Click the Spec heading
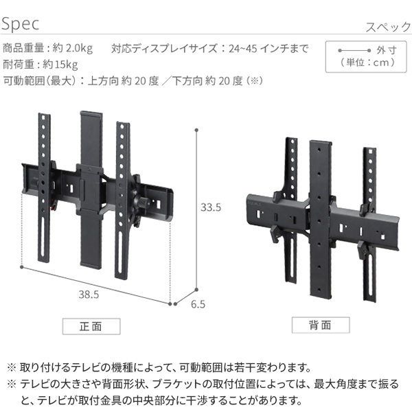coord(20,24)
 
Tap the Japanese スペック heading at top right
coord(388,27)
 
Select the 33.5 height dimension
coord(211,207)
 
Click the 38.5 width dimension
coord(89,295)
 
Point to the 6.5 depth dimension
coord(198,304)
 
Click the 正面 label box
coord(91,326)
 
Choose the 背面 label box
coord(321,325)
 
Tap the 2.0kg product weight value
coord(79,49)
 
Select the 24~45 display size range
coord(243,49)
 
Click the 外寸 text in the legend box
coord(386,50)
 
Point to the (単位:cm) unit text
coord(367,62)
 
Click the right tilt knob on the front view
coord(144,203)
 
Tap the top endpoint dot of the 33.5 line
coord(196,130)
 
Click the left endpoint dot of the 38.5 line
coord(22,267)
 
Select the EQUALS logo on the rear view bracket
coord(254,203)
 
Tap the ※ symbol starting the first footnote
coord(12,367)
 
